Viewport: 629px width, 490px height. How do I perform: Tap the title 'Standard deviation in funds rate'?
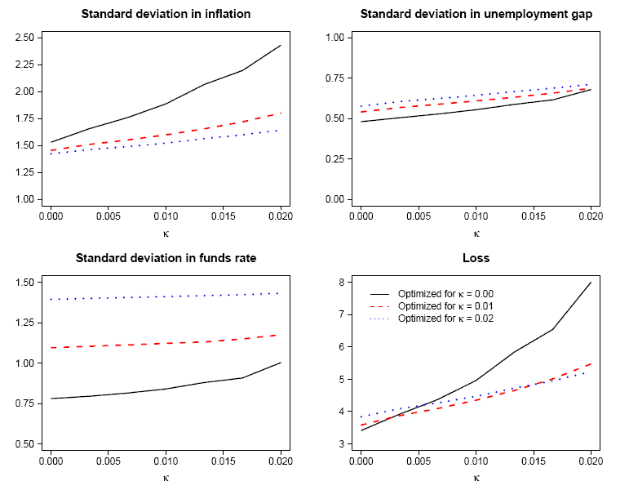click(166, 258)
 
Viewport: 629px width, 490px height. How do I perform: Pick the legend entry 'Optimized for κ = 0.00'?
click(445, 293)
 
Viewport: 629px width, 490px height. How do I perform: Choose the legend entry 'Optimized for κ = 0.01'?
click(445, 305)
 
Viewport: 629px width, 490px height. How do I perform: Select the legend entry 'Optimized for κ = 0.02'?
click(445, 318)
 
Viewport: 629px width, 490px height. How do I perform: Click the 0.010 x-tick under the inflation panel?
click(166, 218)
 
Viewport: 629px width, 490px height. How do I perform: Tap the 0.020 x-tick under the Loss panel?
click(587, 462)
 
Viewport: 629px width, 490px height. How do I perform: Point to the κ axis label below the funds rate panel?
click(166, 478)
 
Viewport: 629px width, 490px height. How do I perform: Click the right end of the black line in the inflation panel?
click(281, 45)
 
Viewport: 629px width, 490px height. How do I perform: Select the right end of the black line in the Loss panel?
click(591, 282)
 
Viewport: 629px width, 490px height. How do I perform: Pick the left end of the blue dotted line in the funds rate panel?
click(51, 300)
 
